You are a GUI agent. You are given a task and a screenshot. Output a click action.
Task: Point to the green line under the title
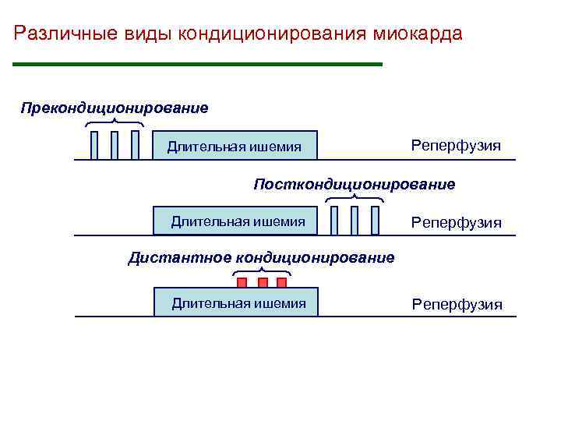[199, 64]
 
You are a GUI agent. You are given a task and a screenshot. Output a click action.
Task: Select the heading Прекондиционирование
[115, 107]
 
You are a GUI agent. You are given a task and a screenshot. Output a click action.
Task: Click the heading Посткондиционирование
[355, 185]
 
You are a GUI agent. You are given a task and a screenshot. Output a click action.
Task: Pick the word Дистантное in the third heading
[179, 257]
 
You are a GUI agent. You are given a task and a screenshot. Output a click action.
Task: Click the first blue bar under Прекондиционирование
[94, 145]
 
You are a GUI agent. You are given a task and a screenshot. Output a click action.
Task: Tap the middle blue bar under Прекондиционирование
[115, 145]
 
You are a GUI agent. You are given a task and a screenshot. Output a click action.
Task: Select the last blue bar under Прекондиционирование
[135, 145]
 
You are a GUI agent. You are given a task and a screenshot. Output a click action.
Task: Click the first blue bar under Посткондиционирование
[334, 220]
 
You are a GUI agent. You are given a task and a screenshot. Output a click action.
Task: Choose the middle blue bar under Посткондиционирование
[355, 220]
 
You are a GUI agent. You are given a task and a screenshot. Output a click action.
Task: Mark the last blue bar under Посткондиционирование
[375, 220]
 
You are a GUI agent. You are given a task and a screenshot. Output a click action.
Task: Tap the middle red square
[263, 282]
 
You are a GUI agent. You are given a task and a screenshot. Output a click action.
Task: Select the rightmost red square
[284, 282]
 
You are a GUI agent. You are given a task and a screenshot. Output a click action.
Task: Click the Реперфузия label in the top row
[456, 146]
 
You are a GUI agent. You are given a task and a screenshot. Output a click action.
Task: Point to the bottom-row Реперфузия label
[457, 304]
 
